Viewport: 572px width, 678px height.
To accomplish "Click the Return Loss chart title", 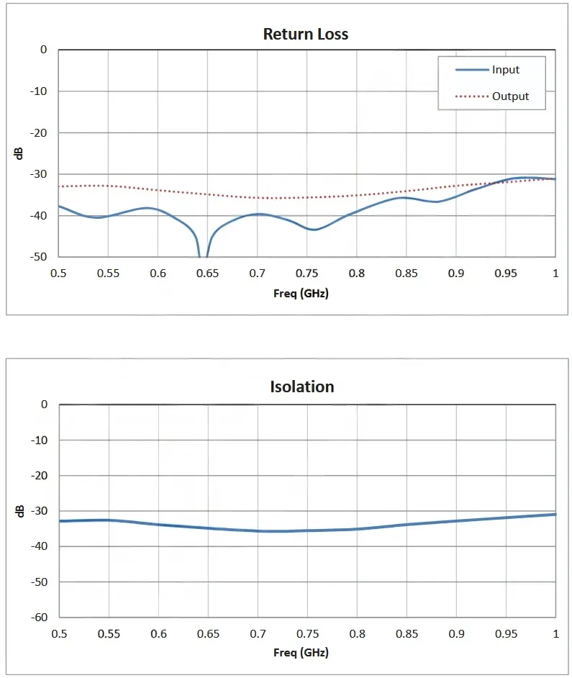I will [306, 34].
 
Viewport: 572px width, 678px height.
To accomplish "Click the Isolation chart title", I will [302, 387].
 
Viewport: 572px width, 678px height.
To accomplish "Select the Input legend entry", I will [506, 70].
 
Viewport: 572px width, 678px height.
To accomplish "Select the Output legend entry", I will [510, 96].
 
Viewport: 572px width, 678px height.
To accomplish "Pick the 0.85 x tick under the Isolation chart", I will [406, 633].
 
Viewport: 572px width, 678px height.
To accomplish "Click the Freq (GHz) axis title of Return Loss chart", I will [301, 294].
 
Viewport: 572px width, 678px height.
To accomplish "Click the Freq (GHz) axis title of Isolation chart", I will [301, 654].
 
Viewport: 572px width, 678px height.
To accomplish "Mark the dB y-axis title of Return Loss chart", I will [20, 153].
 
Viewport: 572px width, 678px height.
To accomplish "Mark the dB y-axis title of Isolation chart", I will [20, 511].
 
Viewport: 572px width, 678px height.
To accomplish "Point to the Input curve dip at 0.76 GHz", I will [314, 230].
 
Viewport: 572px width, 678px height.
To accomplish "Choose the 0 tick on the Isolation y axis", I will [44, 404].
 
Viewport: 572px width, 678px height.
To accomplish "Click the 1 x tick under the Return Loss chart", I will [555, 274].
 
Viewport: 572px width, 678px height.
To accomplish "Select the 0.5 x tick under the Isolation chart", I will [59, 633].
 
